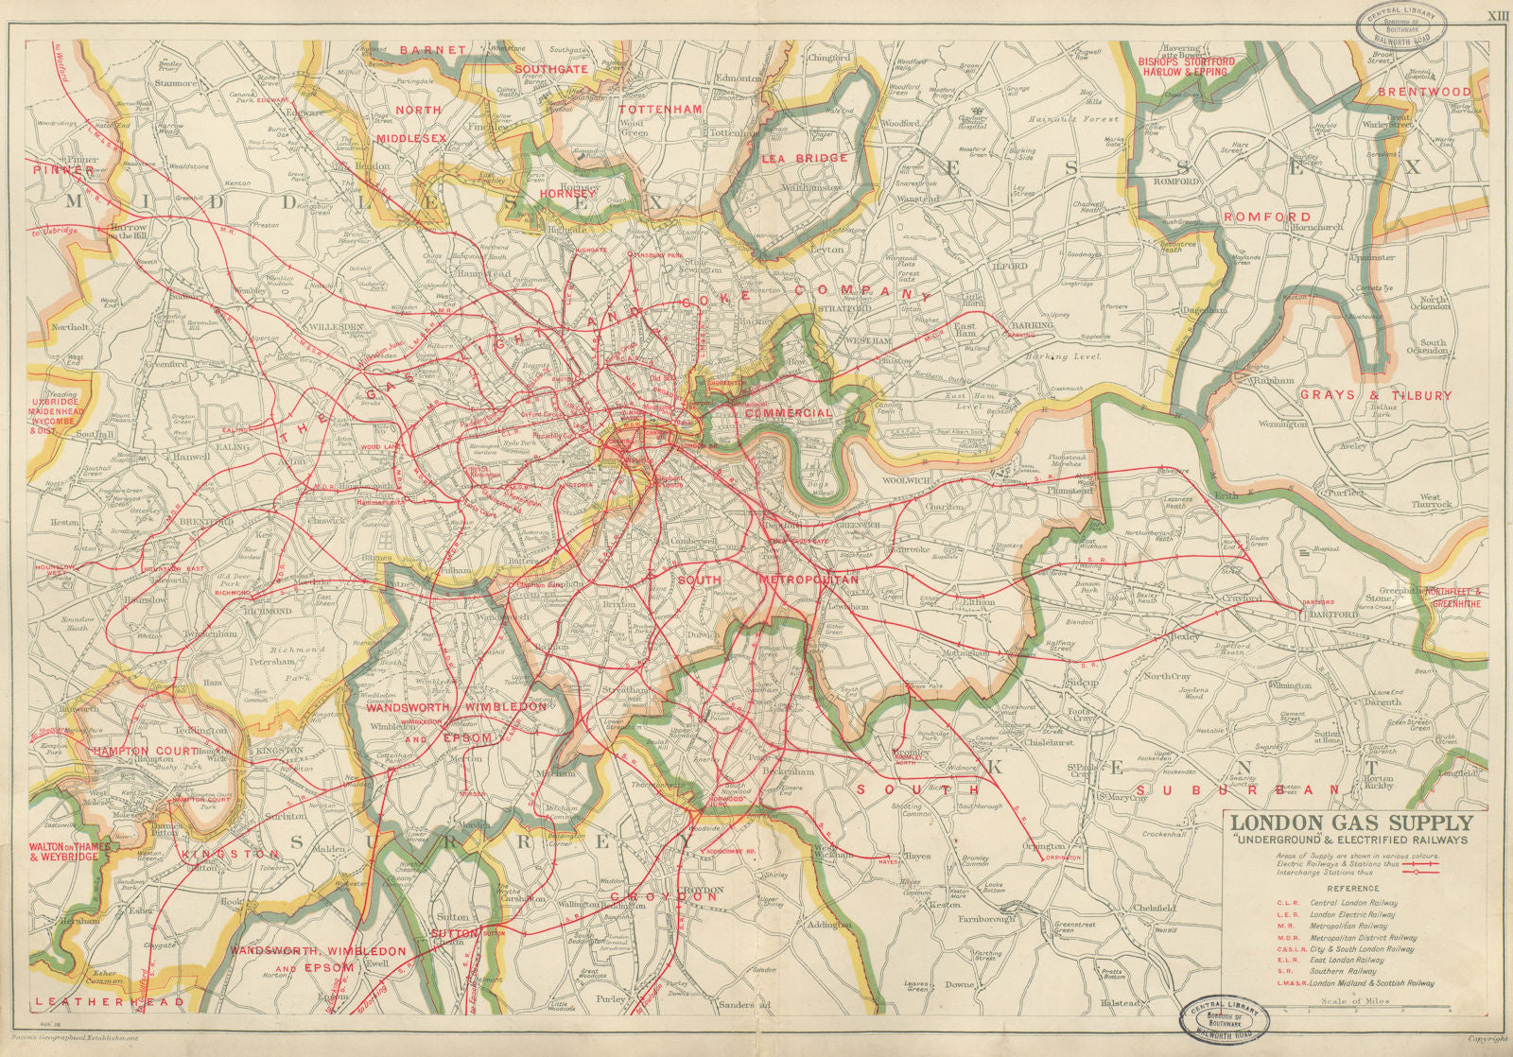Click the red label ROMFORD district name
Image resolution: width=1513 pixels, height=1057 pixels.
point(1267,217)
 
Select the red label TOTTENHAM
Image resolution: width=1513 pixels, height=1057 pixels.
point(660,109)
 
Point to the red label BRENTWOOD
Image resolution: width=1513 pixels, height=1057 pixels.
point(1424,92)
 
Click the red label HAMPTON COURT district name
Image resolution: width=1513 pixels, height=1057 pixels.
point(146,751)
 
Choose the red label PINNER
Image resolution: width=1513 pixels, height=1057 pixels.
point(62,170)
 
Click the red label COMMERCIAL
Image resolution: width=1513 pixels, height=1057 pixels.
point(788,412)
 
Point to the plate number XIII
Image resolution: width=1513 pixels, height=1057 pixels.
point(1497,16)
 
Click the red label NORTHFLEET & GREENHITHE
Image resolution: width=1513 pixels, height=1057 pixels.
point(1455,598)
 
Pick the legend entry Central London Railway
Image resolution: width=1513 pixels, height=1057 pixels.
point(1351,902)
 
